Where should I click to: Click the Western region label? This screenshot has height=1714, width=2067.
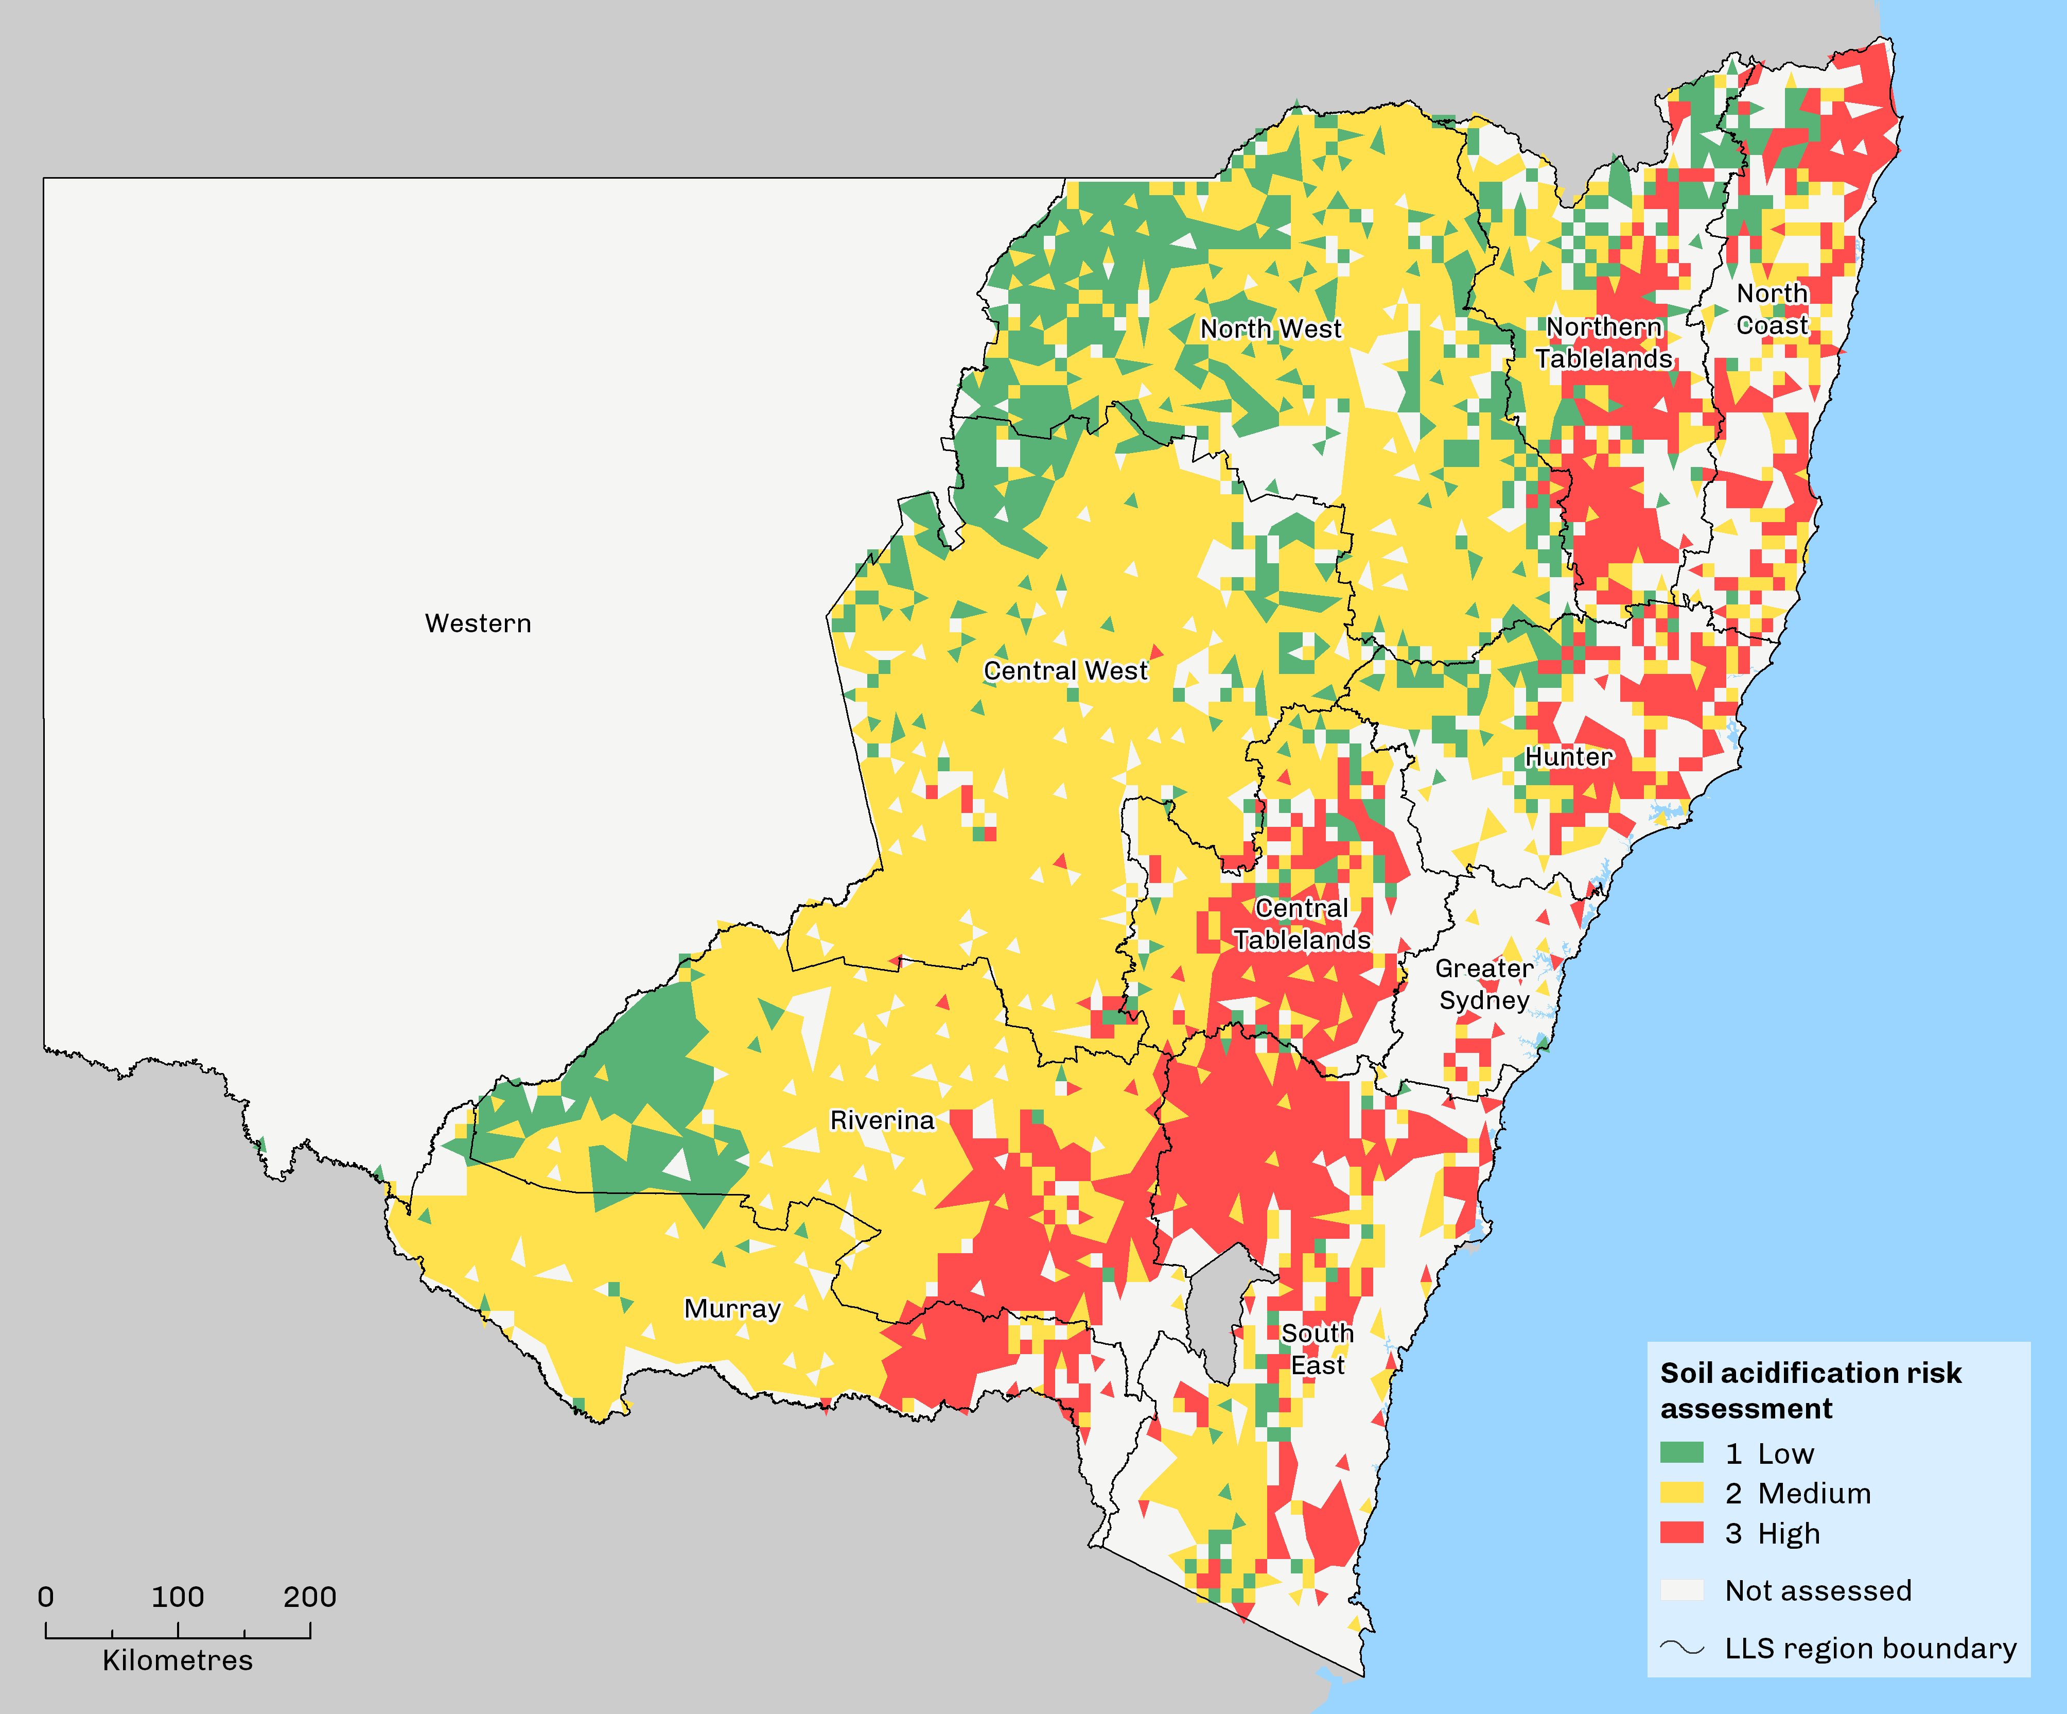point(478,623)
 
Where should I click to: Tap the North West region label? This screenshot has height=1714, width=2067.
point(1270,329)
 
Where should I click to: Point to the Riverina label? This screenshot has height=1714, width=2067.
point(882,1120)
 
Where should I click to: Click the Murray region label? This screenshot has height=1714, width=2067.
point(732,1308)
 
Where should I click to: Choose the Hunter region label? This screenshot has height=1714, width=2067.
point(1569,756)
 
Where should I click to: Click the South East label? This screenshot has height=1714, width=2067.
point(1317,1349)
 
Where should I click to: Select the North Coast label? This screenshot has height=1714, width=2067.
point(1772,309)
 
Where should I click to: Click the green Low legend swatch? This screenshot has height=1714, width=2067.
point(1681,1453)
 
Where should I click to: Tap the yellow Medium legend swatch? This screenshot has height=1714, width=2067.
point(1681,1493)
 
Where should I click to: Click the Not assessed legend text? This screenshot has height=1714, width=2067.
point(1817,1590)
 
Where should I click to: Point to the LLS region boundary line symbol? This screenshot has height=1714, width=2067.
point(1681,1647)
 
